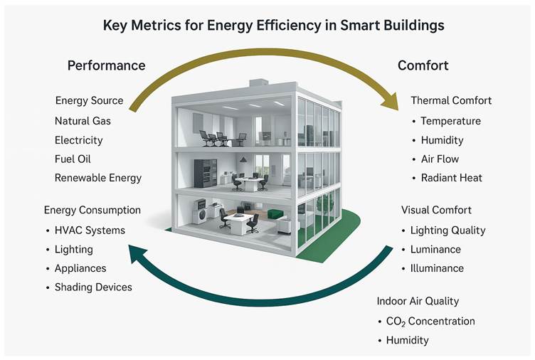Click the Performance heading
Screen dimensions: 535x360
107,65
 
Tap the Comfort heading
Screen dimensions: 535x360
423,65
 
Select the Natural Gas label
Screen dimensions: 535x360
83,121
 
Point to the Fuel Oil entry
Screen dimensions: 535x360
73,159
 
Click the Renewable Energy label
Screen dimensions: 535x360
98,178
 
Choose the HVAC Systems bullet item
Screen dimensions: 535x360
90,231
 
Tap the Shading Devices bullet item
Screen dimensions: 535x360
93,287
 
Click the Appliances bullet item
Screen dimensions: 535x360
80,268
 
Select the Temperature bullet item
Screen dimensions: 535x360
451,121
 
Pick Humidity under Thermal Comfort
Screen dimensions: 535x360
443,140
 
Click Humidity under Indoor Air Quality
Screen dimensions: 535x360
408,340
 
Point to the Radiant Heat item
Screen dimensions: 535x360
451,178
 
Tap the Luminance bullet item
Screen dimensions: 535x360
435,250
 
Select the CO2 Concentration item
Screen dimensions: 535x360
430,322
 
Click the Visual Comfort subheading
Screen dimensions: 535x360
436,210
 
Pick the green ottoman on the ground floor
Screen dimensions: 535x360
275,214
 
